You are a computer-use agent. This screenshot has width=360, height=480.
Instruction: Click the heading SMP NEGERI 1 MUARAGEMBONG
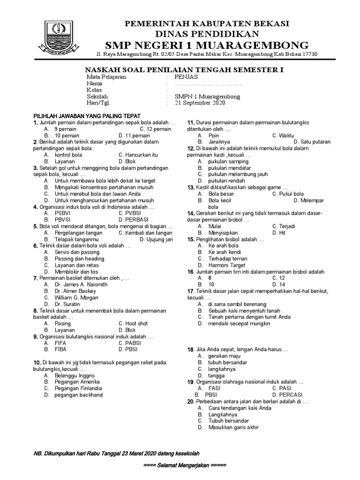206,45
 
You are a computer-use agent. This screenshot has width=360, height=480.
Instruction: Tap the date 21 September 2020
200,103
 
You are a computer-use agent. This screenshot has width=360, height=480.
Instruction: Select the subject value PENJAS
187,77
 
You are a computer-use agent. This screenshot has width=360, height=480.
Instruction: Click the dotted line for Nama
209,84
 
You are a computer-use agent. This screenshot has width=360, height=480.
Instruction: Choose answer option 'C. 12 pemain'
156,128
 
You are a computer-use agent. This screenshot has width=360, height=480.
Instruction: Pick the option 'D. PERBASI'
135,219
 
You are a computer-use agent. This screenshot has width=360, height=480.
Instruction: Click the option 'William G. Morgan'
76,297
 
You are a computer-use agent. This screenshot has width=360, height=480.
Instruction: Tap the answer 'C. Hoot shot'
133,323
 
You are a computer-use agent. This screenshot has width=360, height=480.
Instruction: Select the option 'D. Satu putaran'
312,142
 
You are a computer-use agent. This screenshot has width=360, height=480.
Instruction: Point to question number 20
190,402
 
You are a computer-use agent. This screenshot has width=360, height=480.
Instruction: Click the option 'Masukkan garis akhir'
228,427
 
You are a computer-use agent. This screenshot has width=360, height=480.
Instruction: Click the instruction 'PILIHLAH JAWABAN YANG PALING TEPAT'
87,116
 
